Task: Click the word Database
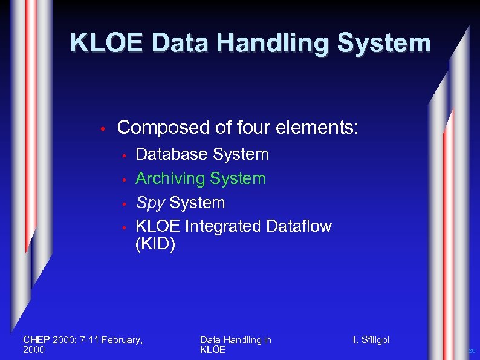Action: tap(171, 154)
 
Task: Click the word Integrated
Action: tap(225, 226)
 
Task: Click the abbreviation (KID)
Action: tap(155, 245)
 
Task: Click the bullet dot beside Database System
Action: tap(123, 156)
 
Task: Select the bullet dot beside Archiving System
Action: tap(123, 180)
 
